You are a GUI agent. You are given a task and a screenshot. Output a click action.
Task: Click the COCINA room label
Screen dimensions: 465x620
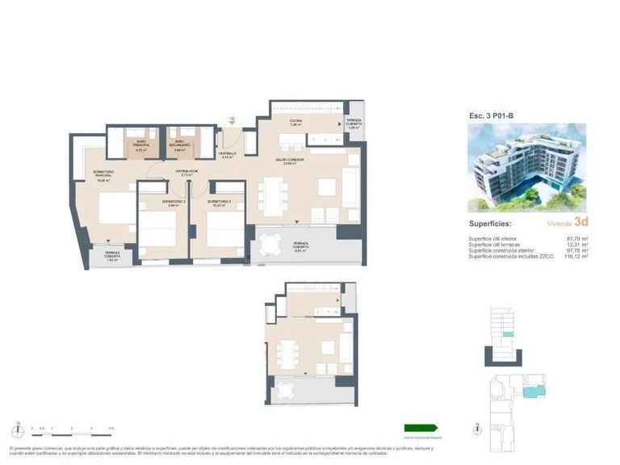coord(296,123)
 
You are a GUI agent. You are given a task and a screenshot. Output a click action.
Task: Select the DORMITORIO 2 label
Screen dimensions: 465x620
coord(174,202)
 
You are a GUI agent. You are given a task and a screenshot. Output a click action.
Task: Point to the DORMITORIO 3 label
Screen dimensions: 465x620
coord(220,202)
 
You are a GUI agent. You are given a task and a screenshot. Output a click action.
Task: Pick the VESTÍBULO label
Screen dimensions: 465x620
coord(227,154)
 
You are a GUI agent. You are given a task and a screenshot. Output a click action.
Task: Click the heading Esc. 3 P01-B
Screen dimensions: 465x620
coord(492,115)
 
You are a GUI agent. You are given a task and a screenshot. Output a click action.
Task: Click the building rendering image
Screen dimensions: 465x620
coord(527,167)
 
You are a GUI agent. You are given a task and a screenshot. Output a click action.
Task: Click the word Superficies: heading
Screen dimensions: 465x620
coord(493,224)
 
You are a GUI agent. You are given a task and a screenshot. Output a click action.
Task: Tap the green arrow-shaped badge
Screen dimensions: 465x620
coord(421,428)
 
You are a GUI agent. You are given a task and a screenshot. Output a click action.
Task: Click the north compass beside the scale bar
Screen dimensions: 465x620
coord(16,428)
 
